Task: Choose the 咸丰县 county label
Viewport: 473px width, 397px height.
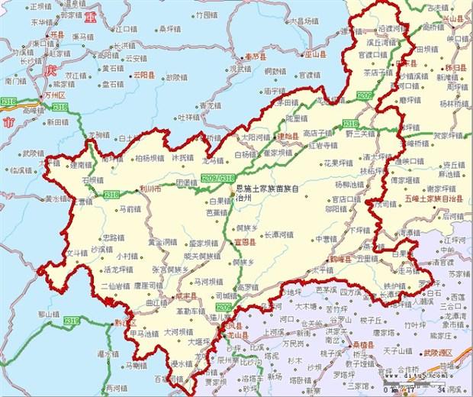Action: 186,295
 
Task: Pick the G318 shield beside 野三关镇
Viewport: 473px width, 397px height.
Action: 350,123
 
